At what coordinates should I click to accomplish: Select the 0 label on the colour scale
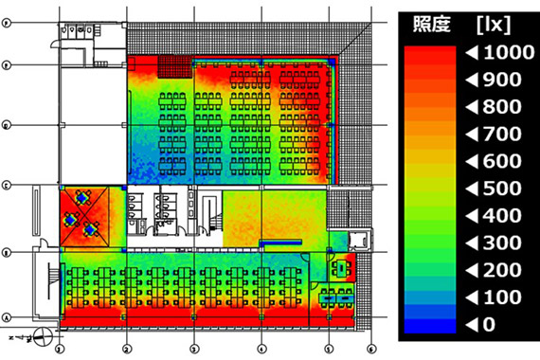(479, 325)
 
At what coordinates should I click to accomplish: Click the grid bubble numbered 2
(126, 348)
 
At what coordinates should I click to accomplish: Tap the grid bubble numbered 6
(371, 348)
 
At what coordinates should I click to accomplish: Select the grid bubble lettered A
(7, 317)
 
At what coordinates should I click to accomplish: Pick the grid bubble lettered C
(7, 185)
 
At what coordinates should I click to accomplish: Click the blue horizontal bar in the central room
(278, 243)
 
